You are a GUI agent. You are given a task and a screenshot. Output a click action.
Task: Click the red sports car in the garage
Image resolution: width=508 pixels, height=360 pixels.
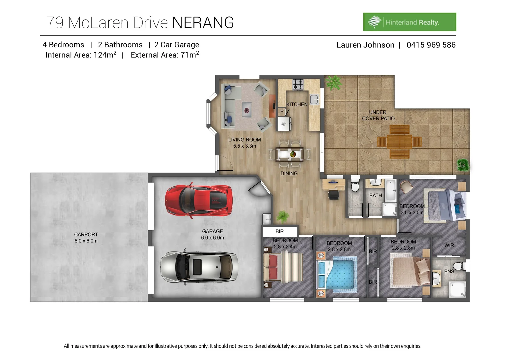(199, 200)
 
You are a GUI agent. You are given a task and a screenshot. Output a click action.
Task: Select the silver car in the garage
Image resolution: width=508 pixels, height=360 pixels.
(199, 267)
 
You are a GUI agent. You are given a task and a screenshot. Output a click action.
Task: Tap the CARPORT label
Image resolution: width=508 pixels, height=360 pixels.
(86, 235)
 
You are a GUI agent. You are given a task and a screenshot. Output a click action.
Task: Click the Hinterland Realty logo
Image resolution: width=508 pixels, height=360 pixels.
(409, 22)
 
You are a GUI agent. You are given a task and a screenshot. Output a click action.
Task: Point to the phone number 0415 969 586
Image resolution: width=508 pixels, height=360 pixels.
(431, 45)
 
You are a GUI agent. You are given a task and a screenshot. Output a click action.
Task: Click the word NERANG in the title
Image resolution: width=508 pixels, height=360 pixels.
(203, 23)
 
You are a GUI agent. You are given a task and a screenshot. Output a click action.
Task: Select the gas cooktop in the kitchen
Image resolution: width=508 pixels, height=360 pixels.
(298, 84)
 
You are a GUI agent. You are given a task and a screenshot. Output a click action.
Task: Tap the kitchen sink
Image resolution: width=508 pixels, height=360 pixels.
(314, 99)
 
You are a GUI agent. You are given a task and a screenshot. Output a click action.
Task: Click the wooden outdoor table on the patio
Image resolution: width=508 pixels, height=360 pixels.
(399, 141)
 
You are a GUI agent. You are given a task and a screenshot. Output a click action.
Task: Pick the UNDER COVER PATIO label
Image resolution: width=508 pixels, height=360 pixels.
(378, 115)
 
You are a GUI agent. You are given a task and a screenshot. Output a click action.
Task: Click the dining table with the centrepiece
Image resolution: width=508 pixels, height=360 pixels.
(289, 154)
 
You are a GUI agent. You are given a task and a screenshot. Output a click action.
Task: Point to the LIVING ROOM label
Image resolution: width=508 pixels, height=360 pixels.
(244, 140)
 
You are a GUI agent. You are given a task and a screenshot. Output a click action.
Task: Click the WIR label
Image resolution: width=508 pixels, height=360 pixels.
(449, 245)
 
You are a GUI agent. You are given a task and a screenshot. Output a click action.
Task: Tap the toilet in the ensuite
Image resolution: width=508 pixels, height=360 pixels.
(460, 266)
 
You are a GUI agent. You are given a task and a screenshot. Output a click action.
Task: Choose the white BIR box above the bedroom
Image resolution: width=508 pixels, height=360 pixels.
(280, 231)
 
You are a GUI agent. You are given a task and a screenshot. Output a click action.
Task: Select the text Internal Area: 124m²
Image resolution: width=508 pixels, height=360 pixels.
(81, 55)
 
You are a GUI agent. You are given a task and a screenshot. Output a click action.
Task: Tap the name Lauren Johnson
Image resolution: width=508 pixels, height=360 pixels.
(365, 45)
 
